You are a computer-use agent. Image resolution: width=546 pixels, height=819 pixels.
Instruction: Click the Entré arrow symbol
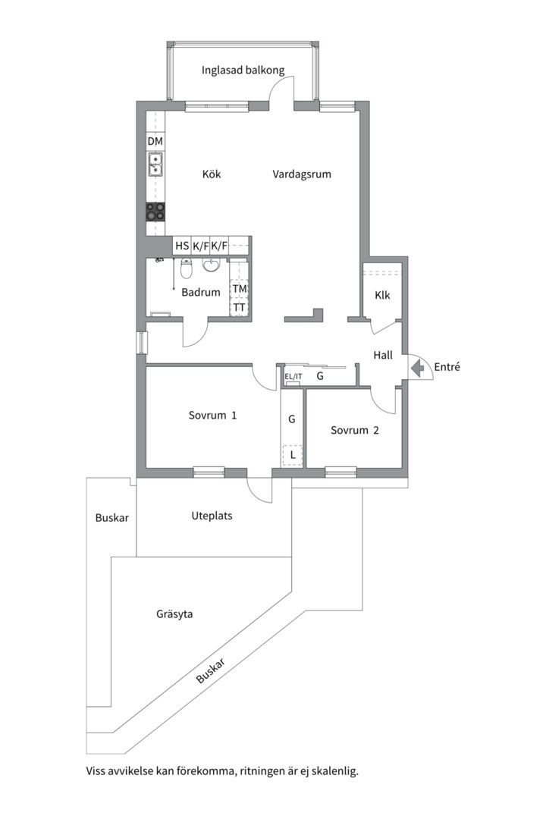418,369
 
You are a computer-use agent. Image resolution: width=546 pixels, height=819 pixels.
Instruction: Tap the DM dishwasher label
155,141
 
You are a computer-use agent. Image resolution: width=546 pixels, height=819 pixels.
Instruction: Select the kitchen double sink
155,164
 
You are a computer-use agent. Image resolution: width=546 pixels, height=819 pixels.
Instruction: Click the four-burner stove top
155,212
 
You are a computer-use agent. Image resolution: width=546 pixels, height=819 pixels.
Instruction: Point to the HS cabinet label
182,246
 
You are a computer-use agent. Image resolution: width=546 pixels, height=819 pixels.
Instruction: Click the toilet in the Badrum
186,269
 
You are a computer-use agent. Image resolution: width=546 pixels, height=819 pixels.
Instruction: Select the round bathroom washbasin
211,265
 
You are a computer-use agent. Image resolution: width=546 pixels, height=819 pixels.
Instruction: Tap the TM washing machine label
240,289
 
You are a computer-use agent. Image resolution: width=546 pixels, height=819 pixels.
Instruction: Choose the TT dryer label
240,308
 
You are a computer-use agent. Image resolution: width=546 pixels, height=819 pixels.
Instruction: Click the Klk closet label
382,295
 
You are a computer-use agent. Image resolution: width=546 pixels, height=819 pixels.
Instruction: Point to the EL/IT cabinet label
293,377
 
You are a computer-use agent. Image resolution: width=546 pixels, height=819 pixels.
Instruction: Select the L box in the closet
293,455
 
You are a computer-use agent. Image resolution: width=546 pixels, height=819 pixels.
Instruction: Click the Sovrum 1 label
212,416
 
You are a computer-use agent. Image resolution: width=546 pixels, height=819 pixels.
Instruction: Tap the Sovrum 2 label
355,431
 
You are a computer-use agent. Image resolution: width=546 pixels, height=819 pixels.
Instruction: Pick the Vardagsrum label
302,174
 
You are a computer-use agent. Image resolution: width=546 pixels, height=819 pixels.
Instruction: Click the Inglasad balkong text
243,70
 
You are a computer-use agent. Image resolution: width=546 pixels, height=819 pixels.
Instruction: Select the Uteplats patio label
212,516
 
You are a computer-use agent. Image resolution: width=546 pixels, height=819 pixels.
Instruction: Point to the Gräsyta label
174,614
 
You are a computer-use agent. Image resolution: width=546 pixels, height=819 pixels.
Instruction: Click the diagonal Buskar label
211,670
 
